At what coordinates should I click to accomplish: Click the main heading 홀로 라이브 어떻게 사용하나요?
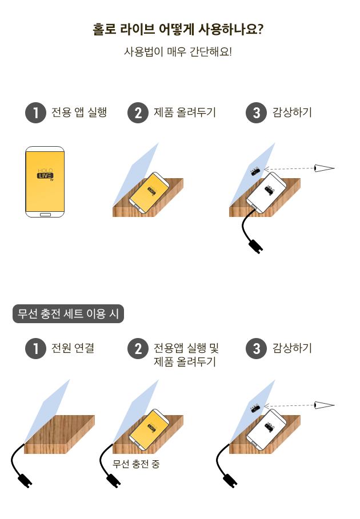[x=178, y=30]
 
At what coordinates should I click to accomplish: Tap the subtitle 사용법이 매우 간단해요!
[x=178, y=51]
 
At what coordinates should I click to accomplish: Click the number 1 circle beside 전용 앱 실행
[x=35, y=113]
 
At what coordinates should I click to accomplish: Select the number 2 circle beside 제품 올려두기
[x=138, y=113]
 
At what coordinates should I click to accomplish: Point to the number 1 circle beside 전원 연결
[x=35, y=348]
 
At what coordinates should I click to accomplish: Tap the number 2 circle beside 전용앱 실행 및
[x=138, y=348]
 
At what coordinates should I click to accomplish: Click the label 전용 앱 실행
[x=79, y=112]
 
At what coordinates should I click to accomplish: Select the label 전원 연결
[x=73, y=348]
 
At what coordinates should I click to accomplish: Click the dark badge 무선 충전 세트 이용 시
[x=68, y=314]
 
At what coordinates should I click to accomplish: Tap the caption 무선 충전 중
[x=136, y=464]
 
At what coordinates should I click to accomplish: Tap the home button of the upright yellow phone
[x=45, y=215]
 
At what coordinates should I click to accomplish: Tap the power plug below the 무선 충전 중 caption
[x=114, y=481]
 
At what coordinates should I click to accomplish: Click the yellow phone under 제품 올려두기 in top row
[x=149, y=192]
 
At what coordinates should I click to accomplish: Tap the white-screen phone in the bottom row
[x=266, y=429]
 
